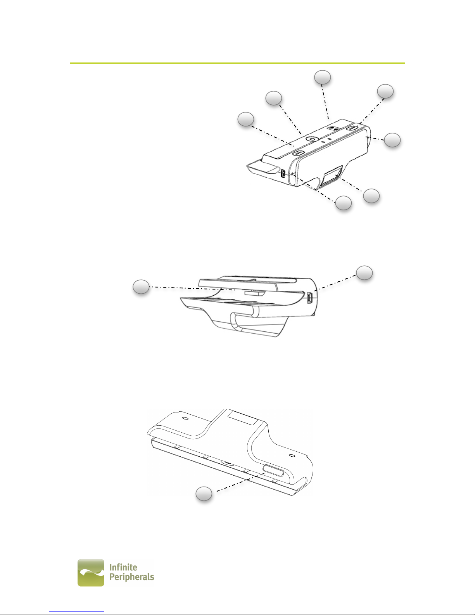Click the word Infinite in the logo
(123, 567)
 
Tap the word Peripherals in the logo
(132, 577)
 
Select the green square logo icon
(91, 573)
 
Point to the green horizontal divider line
(237, 63)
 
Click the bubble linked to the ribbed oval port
(204, 494)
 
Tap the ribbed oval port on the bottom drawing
(273, 470)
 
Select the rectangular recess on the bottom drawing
(243, 418)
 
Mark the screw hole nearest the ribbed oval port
(293, 456)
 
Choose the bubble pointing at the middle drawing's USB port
(364, 273)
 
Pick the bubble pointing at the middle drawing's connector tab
(141, 287)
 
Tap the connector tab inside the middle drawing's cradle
(254, 293)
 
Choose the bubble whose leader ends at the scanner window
(371, 196)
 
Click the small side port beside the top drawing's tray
(283, 173)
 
